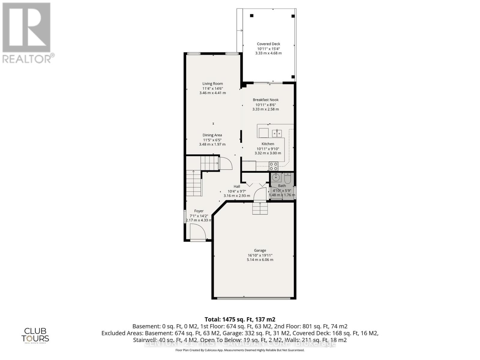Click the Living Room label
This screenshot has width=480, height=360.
coord(212,84)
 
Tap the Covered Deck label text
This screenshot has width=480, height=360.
coord(268,44)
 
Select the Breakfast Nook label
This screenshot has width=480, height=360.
coord(265,100)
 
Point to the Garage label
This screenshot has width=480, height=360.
coord(260,250)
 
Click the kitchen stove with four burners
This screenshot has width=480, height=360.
coord(273,166)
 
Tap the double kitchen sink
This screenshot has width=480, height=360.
coord(277,133)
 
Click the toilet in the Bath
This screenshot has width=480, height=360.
coord(287,178)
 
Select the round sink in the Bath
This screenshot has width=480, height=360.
coord(276,178)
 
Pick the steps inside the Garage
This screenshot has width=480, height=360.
coord(260,208)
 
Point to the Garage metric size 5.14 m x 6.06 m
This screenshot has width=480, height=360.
coord(260,260)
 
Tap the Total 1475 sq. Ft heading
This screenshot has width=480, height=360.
coord(240,319)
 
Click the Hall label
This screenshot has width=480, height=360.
coord(237,186)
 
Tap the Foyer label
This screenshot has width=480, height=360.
coord(199,211)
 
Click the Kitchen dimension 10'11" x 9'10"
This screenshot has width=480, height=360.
coord(268,148)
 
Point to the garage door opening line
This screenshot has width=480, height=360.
coord(254,298)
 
